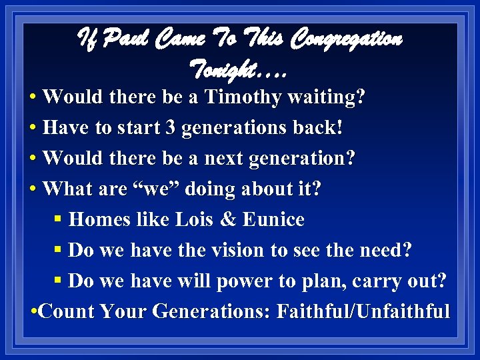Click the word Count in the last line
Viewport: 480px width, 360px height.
tap(62, 312)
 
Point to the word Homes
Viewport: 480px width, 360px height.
tap(94, 220)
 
